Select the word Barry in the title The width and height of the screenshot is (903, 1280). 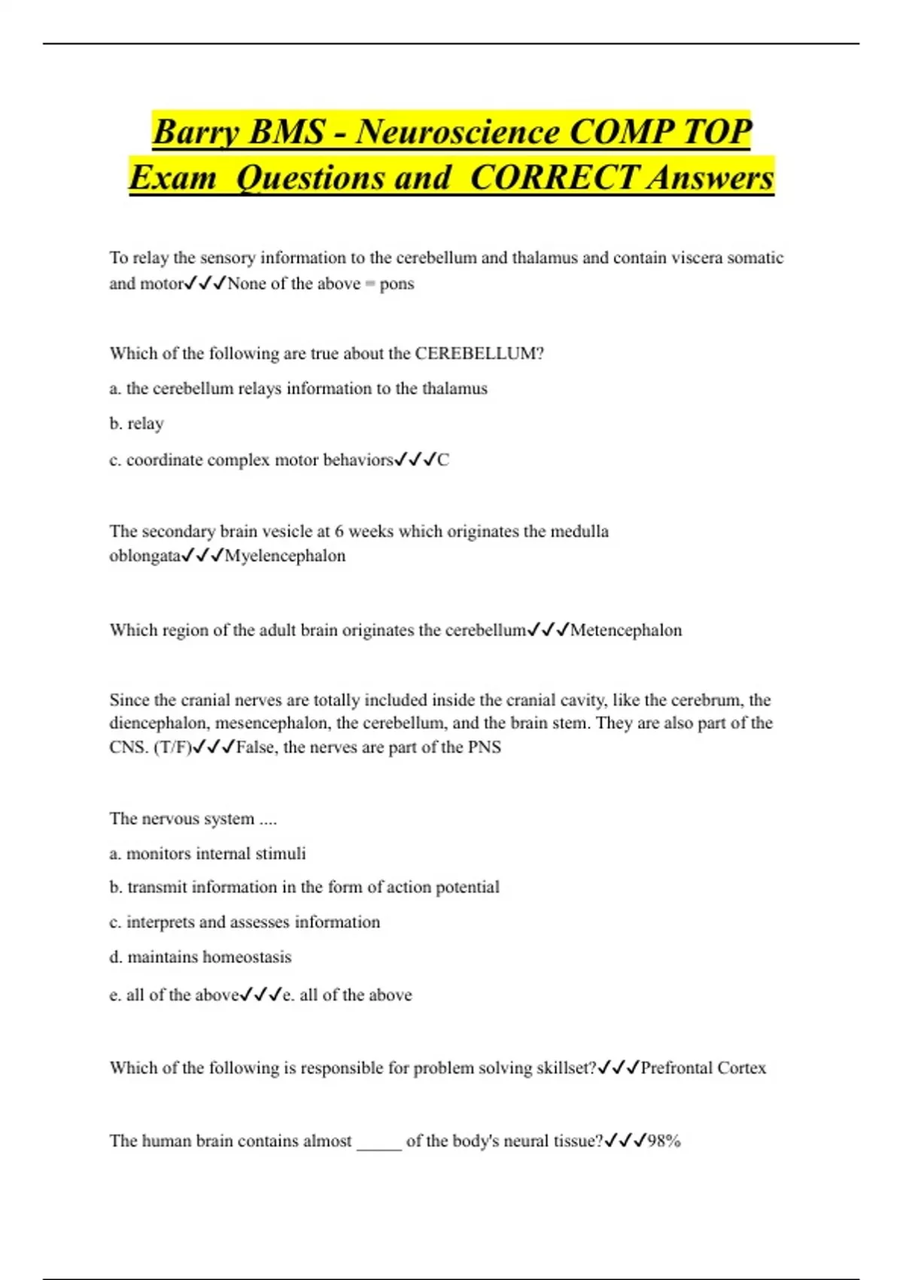[x=196, y=132]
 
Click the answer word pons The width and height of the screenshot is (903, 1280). [x=397, y=284]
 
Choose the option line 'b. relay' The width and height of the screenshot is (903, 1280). [x=136, y=424]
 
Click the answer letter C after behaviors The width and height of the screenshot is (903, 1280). [x=443, y=460]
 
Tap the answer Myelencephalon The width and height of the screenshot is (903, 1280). [x=285, y=556]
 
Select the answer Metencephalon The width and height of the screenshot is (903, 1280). [x=626, y=630]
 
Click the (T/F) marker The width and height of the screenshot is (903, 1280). [x=172, y=748]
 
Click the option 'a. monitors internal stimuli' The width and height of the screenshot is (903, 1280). [x=208, y=854]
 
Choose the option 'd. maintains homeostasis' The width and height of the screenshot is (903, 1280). [x=200, y=957]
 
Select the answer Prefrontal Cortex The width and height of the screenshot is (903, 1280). [x=703, y=1068]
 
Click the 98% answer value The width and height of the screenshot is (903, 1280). [x=664, y=1141]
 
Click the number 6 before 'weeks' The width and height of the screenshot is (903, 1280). [x=339, y=532]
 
